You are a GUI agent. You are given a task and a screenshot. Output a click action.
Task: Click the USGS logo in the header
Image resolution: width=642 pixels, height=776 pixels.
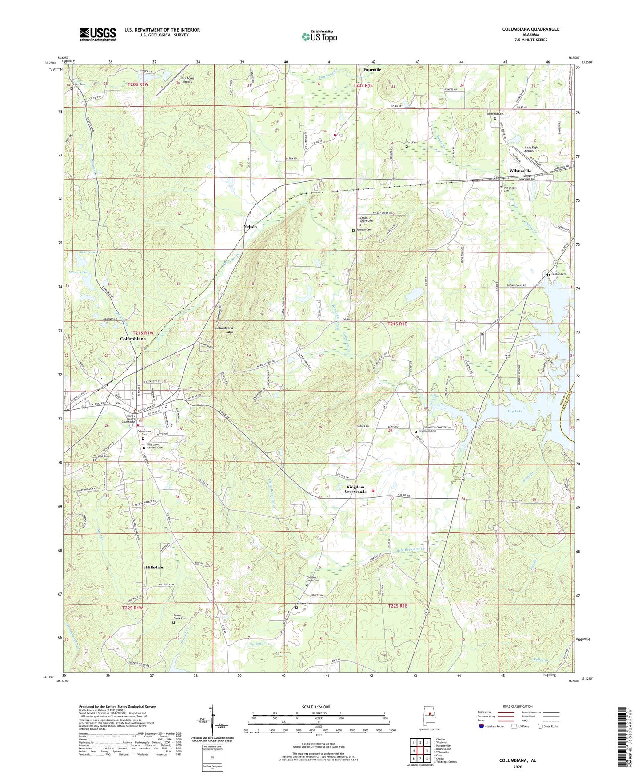coord(98,34)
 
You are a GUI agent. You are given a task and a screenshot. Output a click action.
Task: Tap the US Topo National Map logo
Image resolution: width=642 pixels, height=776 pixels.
coord(319,36)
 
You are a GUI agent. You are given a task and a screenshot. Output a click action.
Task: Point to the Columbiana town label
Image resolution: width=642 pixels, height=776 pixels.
coord(133,339)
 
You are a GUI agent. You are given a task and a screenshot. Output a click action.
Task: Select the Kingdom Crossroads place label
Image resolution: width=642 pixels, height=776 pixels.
coord(355,489)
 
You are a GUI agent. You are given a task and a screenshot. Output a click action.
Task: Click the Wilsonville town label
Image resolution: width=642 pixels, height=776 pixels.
coord(520,171)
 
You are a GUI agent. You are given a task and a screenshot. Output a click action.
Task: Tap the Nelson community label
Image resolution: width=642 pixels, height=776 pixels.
coord(250,227)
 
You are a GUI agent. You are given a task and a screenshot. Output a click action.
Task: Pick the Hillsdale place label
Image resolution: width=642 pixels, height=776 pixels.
coord(154,568)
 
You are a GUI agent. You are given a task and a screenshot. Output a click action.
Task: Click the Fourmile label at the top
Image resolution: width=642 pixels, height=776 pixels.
coord(372,70)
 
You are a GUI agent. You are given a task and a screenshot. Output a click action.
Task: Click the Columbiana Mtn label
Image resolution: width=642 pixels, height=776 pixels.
coord(224,330)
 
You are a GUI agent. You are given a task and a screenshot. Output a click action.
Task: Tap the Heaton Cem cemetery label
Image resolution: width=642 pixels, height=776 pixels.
coord(558,274)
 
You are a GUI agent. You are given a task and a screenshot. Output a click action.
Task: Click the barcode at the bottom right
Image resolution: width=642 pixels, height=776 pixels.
coord(623,738)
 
